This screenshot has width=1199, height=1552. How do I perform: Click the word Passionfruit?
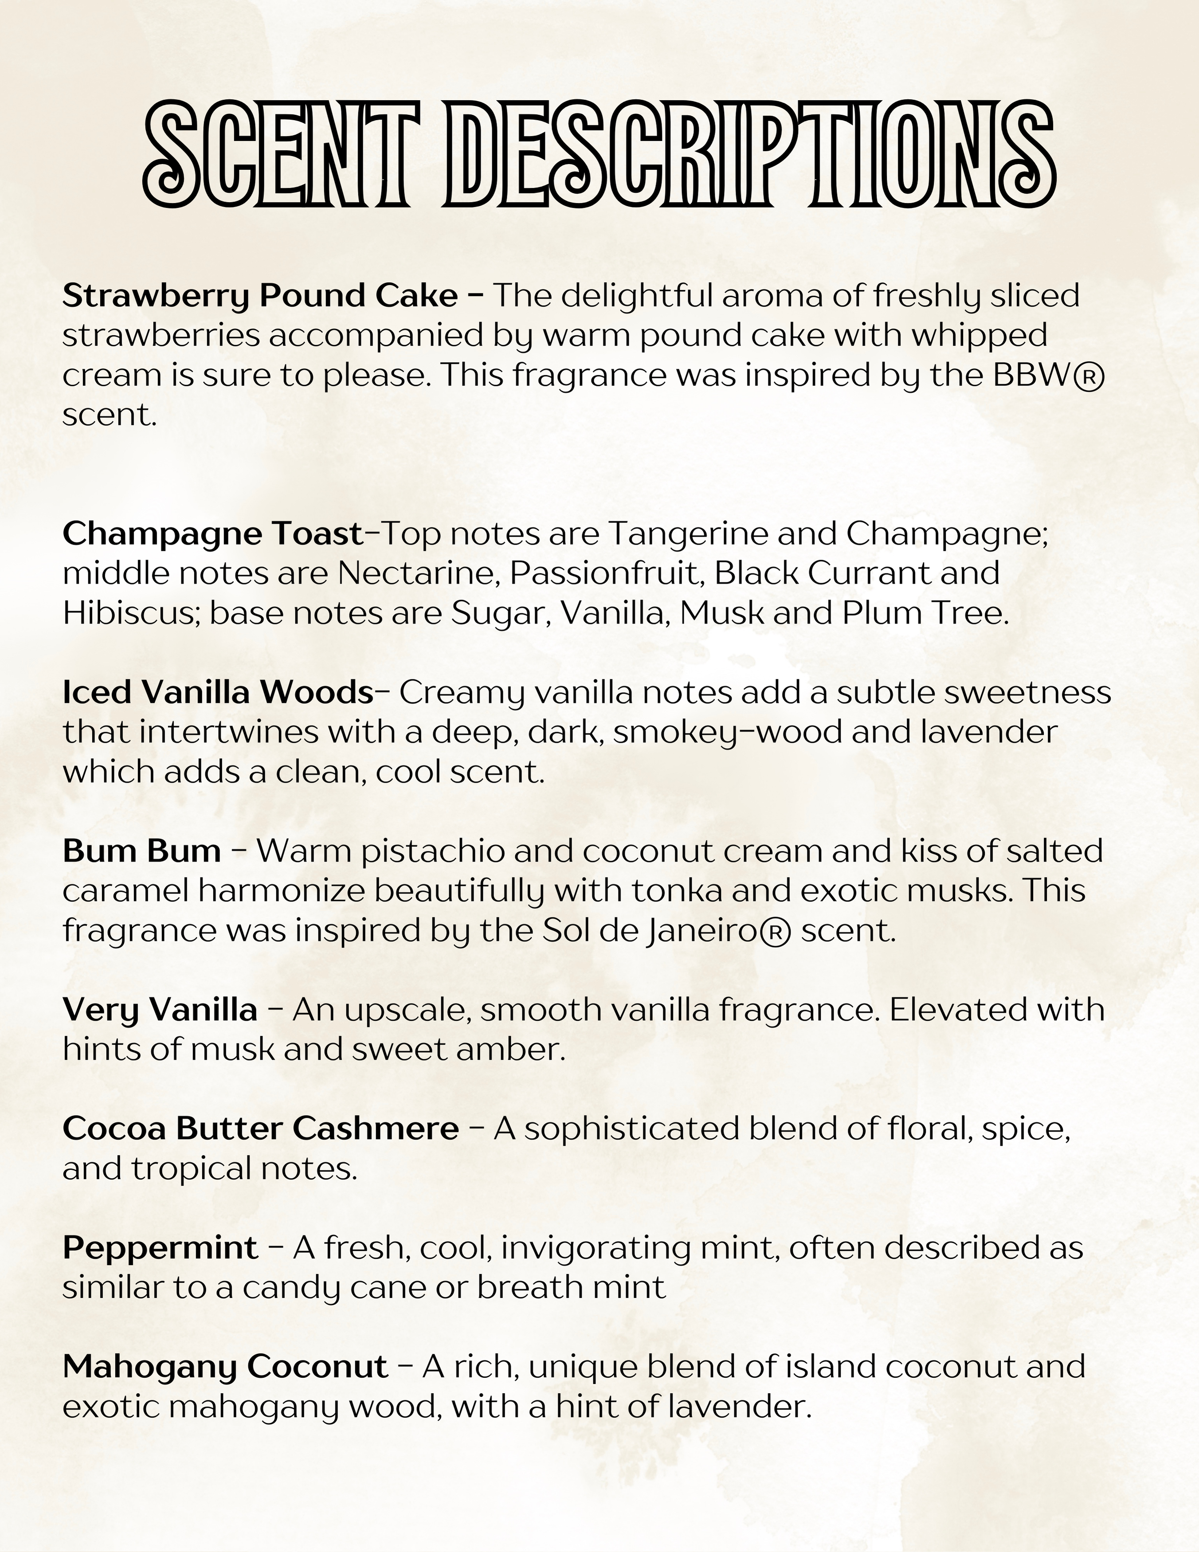[607, 573]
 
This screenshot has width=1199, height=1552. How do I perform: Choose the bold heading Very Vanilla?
[160, 1010]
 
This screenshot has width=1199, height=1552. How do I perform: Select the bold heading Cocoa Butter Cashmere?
[260, 1129]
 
